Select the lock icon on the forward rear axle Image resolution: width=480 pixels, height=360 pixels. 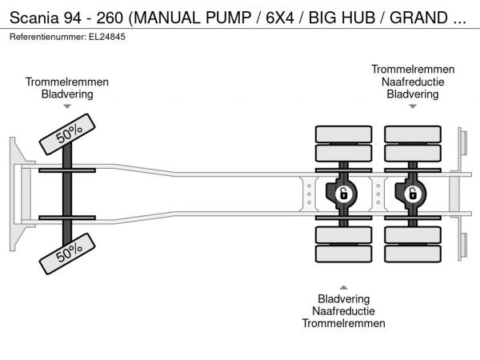coord(343,194)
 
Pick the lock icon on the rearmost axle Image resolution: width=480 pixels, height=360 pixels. coord(413,194)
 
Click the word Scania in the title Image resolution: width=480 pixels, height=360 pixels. coord(30,17)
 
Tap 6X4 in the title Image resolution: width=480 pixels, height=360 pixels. coord(277,17)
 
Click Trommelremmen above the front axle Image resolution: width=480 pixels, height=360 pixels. coord(67,82)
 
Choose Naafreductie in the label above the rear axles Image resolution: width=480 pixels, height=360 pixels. coord(413,82)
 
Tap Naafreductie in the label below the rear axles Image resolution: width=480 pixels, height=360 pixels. coord(344,311)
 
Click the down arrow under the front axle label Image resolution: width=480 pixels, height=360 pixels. coord(67,106)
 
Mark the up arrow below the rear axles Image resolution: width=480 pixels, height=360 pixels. coord(344,287)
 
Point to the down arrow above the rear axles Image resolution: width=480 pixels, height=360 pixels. coord(413,106)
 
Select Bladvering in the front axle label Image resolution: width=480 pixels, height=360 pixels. coord(67,94)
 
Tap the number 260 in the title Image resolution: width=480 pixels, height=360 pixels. coord(102,17)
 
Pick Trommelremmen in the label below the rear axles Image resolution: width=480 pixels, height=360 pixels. coord(344,323)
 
